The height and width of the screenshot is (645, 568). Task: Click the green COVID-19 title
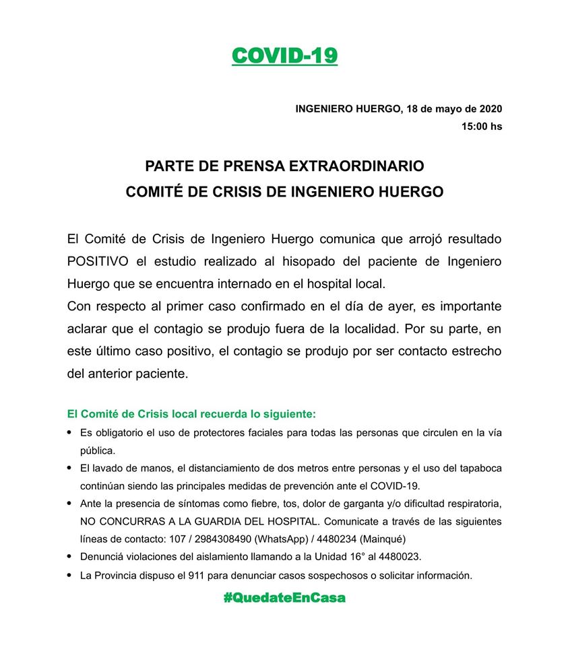pos(284,55)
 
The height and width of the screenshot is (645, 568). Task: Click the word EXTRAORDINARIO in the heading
pos(361,166)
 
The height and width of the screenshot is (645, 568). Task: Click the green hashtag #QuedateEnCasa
pos(284,597)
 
